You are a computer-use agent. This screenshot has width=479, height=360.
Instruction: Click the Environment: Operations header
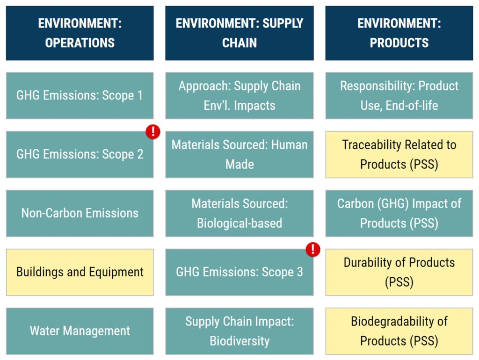[80, 33]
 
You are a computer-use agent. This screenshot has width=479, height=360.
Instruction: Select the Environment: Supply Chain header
[239, 33]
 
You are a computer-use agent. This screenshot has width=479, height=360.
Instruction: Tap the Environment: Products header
[399, 33]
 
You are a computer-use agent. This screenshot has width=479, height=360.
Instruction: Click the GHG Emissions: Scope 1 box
[80, 95]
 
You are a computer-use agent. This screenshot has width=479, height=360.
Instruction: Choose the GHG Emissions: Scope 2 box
[80, 154]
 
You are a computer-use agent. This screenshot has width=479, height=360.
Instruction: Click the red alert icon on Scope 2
[153, 132]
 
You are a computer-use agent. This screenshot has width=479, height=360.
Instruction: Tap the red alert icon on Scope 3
[312, 250]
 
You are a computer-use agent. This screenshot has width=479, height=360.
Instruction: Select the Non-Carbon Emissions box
[80, 213]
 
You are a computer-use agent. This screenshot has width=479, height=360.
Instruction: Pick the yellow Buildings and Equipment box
[80, 272]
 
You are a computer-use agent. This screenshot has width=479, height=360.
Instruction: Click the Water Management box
[80, 331]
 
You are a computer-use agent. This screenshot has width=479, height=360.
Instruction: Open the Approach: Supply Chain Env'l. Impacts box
[239, 95]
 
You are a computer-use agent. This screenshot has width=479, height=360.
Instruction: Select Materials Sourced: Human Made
[239, 154]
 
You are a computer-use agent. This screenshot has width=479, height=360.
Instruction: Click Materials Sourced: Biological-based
[239, 213]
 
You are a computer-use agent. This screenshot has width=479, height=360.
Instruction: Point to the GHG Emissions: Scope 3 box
[239, 272]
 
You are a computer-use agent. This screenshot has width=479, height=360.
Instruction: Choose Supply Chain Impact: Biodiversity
[239, 331]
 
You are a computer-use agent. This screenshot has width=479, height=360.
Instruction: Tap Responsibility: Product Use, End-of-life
[399, 95]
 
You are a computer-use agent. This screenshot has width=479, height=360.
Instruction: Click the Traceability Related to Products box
[399, 154]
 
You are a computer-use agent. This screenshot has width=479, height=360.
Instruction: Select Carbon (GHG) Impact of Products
[399, 213]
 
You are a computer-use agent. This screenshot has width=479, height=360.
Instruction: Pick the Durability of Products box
[399, 272]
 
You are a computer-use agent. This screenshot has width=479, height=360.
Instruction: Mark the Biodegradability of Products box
[399, 331]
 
